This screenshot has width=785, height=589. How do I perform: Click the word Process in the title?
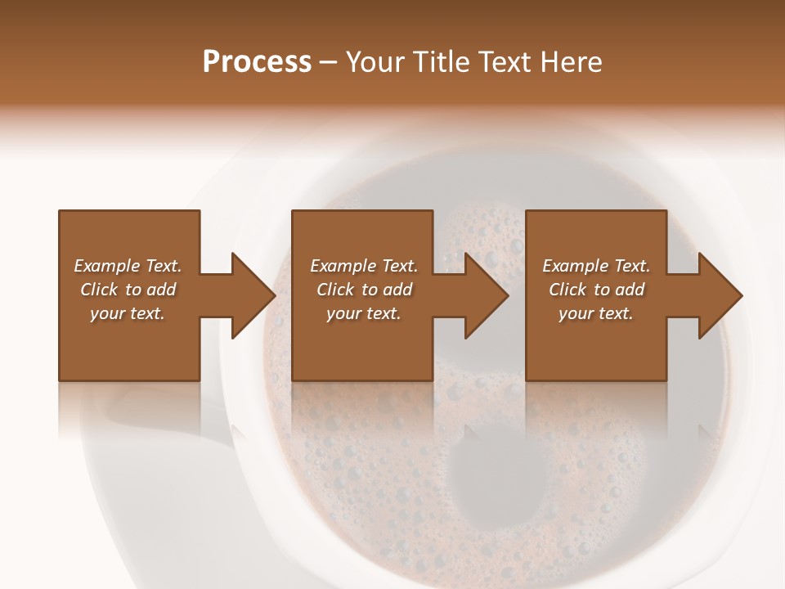coord(257,62)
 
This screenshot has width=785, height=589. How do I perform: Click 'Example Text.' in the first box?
coord(128,266)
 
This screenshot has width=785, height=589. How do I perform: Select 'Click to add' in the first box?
coord(128,290)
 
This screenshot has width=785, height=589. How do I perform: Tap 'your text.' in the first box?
coord(128,313)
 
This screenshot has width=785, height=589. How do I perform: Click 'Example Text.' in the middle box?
coord(364,266)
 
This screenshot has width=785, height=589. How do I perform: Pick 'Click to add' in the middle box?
coord(364,290)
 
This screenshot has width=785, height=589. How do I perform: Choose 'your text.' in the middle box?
coord(364,313)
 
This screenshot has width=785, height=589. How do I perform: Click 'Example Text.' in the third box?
coord(596,266)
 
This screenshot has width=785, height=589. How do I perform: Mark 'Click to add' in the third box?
coord(596,290)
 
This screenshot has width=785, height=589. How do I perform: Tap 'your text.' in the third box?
coord(596,313)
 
